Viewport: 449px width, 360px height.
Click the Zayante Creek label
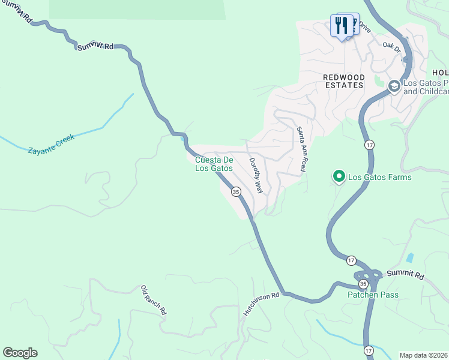coord(52,144)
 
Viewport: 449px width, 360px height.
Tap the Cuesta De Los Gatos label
coord(214,164)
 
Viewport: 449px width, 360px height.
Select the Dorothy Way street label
coord(256,175)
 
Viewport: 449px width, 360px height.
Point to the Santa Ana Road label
coord(301,149)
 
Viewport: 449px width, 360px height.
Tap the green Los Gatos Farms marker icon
coord(339,176)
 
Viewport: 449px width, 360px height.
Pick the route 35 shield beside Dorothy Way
coord(236,192)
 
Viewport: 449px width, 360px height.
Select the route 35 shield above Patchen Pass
coord(363,283)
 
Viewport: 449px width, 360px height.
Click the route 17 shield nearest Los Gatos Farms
coord(370,145)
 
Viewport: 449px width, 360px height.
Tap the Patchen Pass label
coord(373,295)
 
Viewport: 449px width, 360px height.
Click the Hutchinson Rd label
coord(262,305)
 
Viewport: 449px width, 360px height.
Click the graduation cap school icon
coord(394,86)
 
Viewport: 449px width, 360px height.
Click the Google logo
coord(20,353)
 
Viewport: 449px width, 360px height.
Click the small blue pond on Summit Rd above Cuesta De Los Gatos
coord(182,139)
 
